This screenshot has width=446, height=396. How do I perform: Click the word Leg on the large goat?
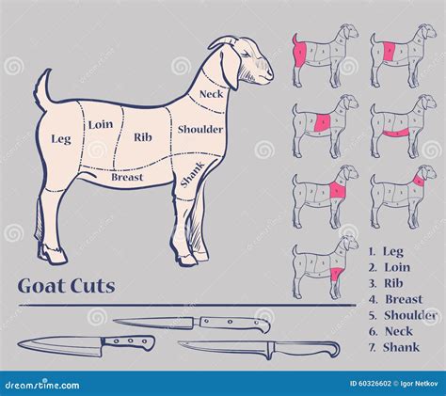[60, 138]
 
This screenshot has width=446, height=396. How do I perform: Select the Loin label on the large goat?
[101, 123]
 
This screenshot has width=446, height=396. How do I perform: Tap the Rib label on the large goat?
[143, 137]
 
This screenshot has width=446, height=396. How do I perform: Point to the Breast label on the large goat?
[127, 176]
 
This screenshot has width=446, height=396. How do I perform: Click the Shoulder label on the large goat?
[199, 129]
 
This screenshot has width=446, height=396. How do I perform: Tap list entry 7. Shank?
[395, 347]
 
